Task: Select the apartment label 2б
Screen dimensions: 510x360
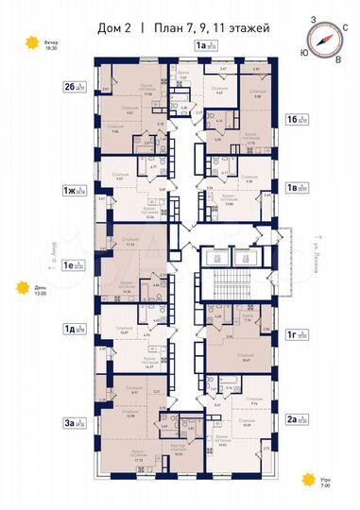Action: coord(70,87)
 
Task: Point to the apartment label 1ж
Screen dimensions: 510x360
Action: coord(70,190)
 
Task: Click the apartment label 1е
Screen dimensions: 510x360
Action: coord(70,266)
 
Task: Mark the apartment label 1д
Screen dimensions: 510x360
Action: coord(70,330)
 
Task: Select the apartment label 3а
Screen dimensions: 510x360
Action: coord(70,398)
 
